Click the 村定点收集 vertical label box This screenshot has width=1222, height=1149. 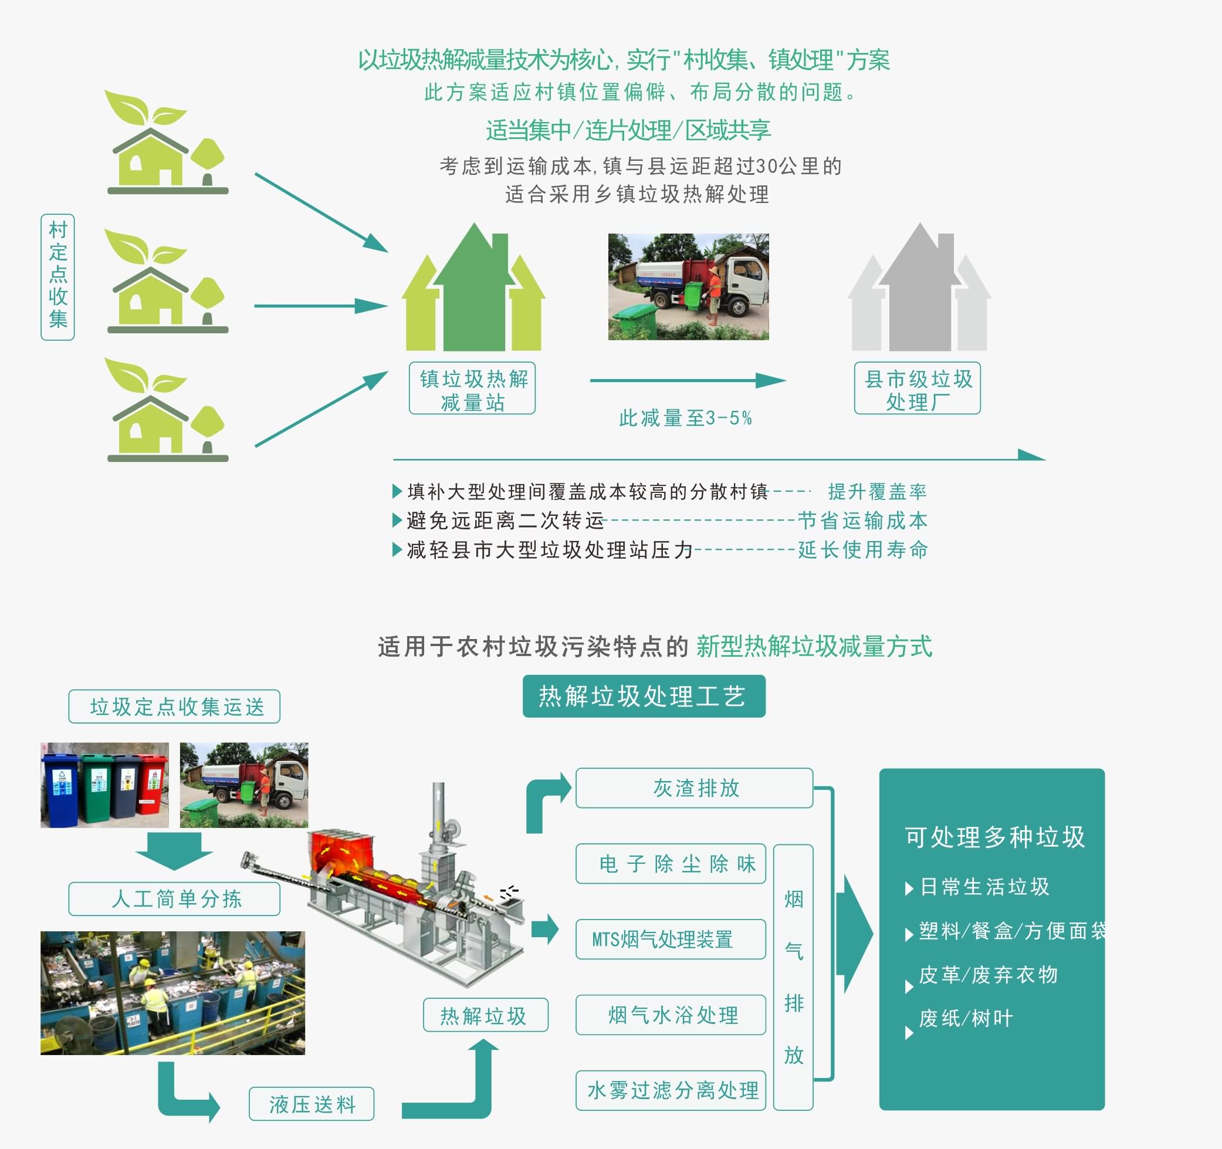(x=57, y=276)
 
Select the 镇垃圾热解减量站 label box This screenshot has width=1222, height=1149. (x=472, y=388)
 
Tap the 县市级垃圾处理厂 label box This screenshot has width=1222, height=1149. (x=917, y=388)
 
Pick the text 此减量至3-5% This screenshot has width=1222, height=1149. (x=685, y=418)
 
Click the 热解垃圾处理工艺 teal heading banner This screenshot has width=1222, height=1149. (x=644, y=697)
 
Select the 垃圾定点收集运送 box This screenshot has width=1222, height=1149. (x=175, y=707)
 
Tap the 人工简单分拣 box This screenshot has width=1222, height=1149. (x=175, y=900)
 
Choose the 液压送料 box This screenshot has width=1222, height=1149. (x=312, y=1104)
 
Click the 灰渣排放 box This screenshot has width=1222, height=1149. (x=695, y=788)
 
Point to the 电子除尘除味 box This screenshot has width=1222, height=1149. (x=671, y=864)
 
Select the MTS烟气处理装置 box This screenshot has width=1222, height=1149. (x=671, y=940)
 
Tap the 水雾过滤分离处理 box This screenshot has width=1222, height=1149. (x=671, y=1090)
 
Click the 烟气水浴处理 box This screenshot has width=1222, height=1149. (x=671, y=1015)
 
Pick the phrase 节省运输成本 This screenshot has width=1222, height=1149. (x=862, y=521)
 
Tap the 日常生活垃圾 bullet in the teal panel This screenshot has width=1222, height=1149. (x=983, y=887)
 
